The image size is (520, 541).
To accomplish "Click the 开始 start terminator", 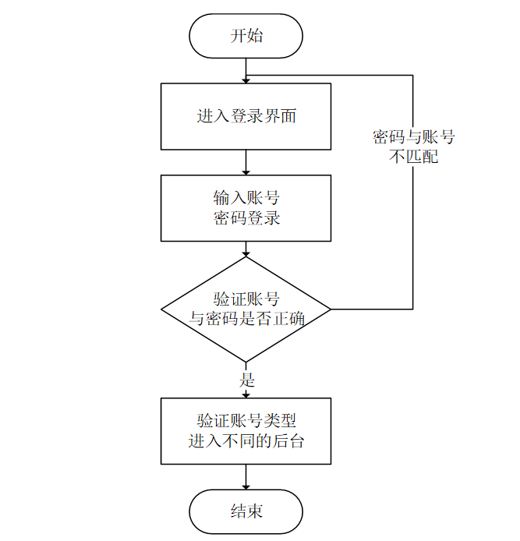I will (x=246, y=37).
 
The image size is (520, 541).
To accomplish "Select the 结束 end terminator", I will (x=246, y=511).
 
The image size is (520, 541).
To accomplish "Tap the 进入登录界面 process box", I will (x=246, y=117).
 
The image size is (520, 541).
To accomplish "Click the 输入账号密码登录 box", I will (x=246, y=208).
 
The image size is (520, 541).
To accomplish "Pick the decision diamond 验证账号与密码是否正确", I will (x=246, y=309).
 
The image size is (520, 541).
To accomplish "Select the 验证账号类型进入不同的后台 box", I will (x=246, y=431).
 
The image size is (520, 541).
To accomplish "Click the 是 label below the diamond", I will (x=246, y=381).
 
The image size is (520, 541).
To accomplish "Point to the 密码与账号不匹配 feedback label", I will (x=413, y=147).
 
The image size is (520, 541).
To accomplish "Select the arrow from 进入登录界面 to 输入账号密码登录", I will (x=246, y=162).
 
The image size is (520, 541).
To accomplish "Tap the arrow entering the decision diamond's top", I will (x=246, y=249).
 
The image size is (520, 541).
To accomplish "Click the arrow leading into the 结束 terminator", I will (x=246, y=477).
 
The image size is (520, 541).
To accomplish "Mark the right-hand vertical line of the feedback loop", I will (x=413, y=234).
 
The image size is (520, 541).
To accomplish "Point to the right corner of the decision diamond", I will (x=331, y=309).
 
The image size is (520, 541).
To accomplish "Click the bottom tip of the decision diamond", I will (x=246, y=362).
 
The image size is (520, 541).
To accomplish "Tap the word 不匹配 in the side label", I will (x=413, y=157).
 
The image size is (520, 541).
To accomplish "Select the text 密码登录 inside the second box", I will (x=246, y=218).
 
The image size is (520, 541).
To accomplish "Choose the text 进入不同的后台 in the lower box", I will (x=246, y=441).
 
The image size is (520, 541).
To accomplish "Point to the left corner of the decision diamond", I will (x=163, y=309).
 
